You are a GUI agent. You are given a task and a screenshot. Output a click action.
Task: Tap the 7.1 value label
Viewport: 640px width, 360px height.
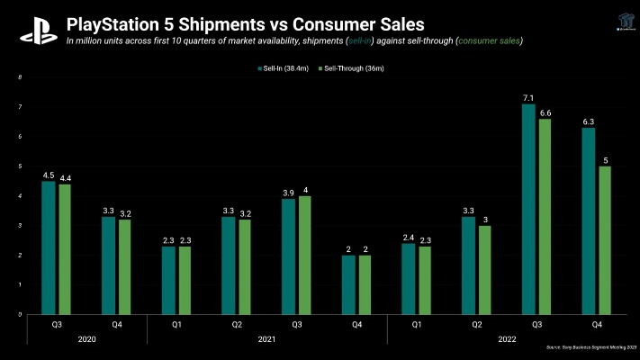pyautogui.click(x=528, y=97)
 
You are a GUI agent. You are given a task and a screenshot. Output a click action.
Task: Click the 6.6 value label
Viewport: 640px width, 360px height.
pyautogui.click(x=545, y=112)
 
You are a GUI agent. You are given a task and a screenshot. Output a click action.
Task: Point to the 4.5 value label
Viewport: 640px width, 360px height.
pyautogui.click(x=48, y=175)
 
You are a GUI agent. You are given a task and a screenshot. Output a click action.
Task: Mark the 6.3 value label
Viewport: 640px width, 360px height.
pyautogui.click(x=588, y=121)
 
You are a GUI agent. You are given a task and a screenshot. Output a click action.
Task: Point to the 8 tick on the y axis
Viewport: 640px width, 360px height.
pyautogui.click(x=20, y=77)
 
